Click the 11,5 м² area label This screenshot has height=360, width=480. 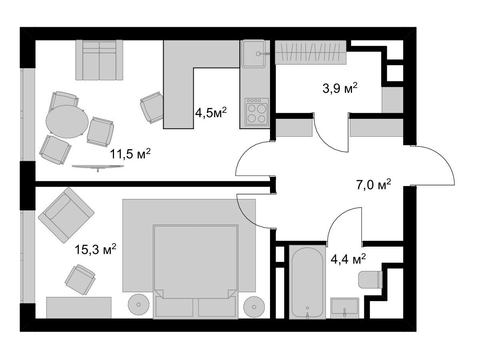tap(130, 154)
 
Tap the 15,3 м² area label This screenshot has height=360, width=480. tap(95, 249)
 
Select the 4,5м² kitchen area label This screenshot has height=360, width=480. tap(211, 113)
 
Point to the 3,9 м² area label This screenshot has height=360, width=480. tap(340, 88)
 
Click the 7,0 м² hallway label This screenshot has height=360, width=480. tap(374, 185)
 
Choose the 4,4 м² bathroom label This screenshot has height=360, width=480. tap(348, 259)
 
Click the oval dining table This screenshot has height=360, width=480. tap(67, 122)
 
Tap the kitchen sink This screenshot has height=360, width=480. tap(254, 54)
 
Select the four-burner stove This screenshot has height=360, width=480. tap(257, 112)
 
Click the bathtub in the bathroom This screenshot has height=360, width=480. tap(307, 282)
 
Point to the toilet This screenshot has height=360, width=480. tap(370, 280)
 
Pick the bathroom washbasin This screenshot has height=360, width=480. tap(345, 308)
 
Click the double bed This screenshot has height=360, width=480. tap(196, 272)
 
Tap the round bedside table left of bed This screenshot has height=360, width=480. tap(138, 304)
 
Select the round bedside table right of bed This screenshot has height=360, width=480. tap(254, 307)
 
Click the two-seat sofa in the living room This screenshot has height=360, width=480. tap(99, 60)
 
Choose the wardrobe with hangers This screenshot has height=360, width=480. tap(310, 52)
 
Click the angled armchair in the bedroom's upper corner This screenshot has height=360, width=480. tap(66, 215)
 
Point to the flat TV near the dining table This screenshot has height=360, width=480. tap(98, 167)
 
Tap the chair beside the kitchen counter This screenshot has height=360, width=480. tap(152, 107)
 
